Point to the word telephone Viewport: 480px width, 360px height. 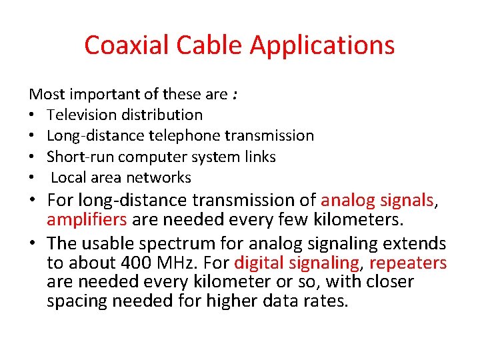coord(187,135)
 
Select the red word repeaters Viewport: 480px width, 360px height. coord(407,262)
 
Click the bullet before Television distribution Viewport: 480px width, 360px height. coord(33,115)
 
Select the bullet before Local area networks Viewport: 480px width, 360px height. coord(33,178)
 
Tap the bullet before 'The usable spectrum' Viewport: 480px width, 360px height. coord(35,243)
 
